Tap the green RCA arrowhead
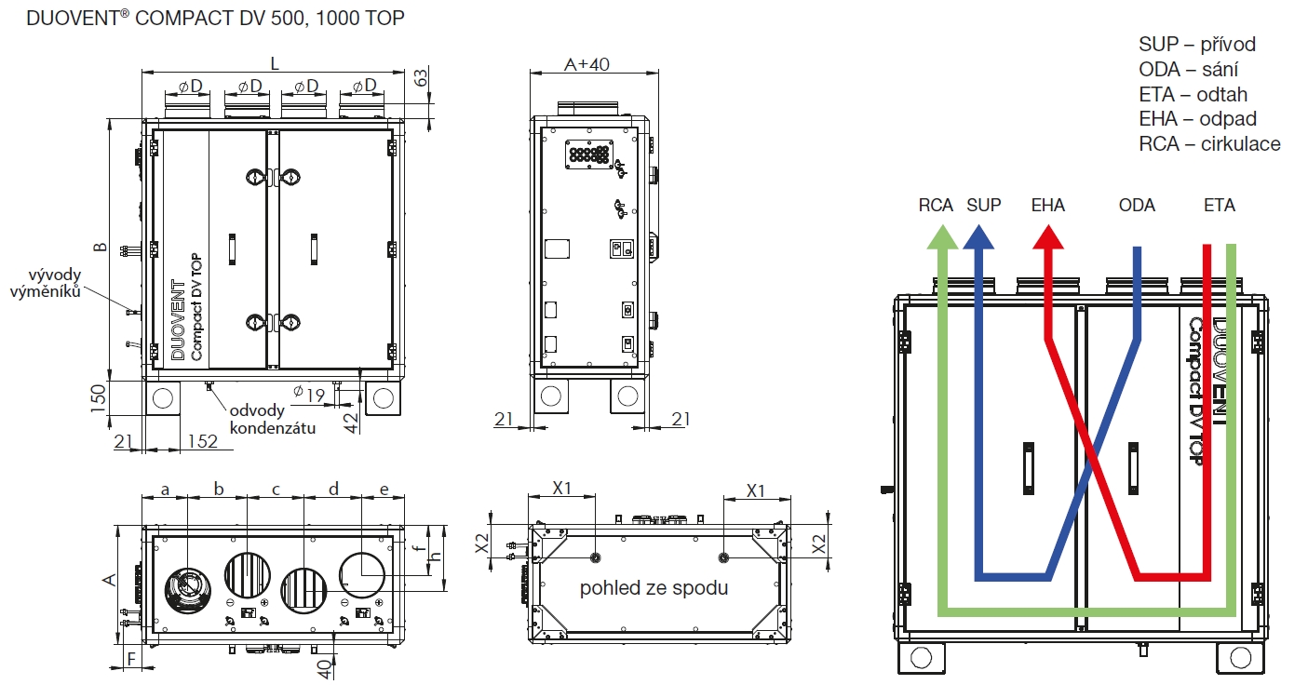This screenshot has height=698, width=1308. coord(941,237)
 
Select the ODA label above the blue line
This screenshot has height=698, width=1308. coord(1137,205)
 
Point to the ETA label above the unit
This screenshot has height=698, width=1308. coord(1220,205)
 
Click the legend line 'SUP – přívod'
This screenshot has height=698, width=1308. coord(1197,45)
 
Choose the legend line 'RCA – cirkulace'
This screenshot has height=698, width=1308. coord(1209,144)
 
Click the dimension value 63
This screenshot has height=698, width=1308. coord(421,77)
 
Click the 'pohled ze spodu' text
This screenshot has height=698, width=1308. coord(654,588)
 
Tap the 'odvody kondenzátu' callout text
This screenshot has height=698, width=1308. coord(272,420)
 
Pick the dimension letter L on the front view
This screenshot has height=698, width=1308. coord(274,62)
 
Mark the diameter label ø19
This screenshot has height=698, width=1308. coord(308,395)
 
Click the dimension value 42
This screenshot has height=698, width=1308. coord(350,420)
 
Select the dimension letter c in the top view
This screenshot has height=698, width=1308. coord(276,489)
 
